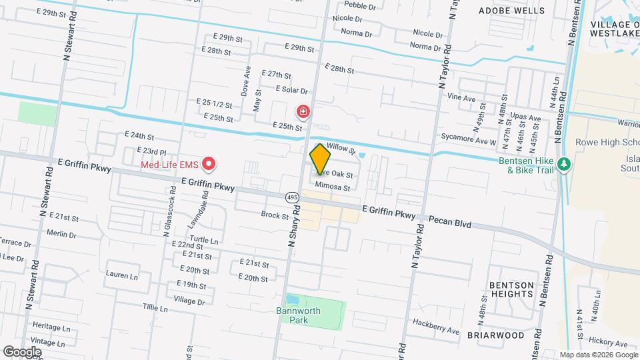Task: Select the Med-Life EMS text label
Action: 170,164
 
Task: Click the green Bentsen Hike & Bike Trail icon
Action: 564,164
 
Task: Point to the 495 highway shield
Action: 292,197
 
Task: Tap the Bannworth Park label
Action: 299,315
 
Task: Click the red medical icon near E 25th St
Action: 303,111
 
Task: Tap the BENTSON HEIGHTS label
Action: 511,289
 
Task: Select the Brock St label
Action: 275,215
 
